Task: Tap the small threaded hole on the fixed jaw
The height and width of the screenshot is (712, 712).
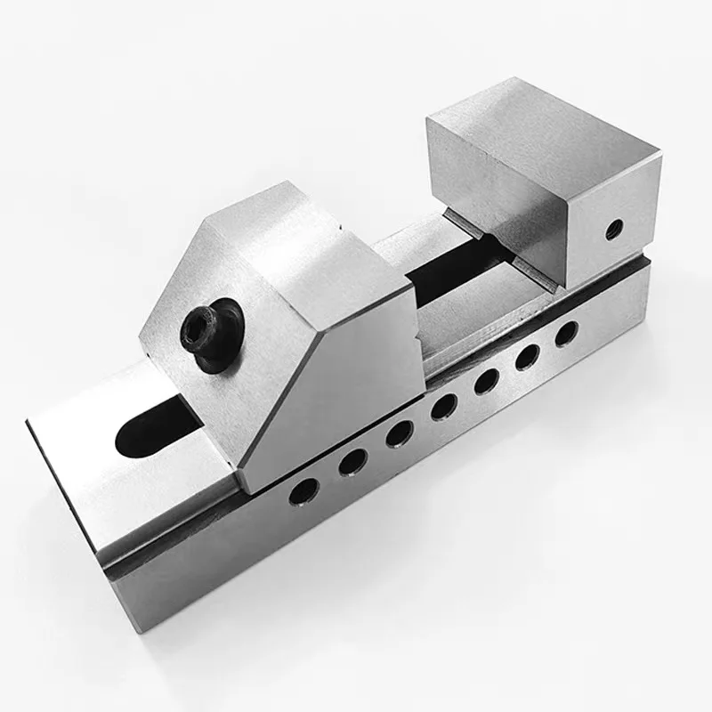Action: [612, 231]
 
